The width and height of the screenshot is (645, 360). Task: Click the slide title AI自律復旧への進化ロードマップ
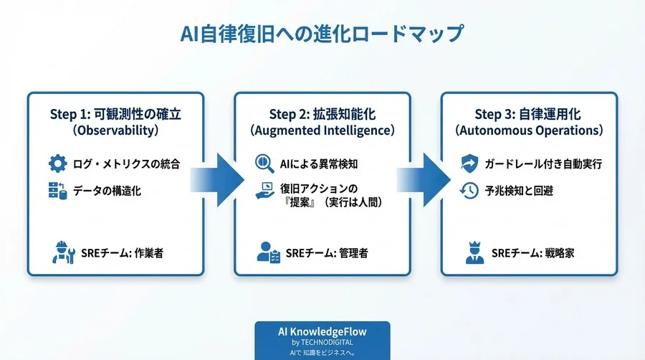point(322,34)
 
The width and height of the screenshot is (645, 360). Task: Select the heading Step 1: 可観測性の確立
point(115,115)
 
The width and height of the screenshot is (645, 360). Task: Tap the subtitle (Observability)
point(115,132)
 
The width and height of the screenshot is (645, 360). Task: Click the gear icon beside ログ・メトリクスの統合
point(57,164)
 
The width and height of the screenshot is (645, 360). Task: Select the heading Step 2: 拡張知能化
point(322,115)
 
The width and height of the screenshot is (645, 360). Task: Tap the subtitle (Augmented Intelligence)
point(322,132)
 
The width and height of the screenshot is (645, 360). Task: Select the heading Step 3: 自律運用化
point(528,115)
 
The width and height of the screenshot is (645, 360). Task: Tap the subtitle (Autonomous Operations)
point(528,132)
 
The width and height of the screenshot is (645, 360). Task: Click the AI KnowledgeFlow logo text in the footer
point(322,333)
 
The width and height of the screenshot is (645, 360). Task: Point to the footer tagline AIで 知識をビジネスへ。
point(322,353)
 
